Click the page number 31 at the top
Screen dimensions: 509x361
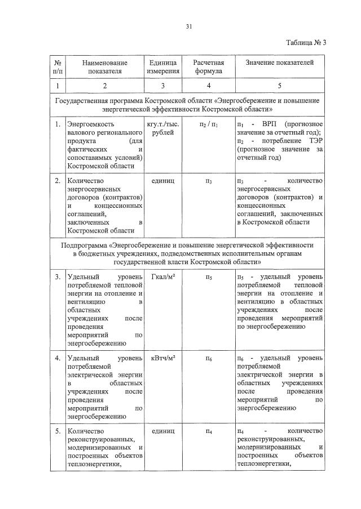[189, 25]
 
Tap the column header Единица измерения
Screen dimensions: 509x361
[163, 66]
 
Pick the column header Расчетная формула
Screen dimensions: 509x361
[209, 66]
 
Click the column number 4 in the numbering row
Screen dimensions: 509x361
[209, 86]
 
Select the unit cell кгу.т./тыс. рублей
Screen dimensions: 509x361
[164, 127]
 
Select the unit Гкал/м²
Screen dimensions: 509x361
[164, 276]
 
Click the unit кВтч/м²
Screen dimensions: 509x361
[164, 358]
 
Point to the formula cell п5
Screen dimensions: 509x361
[209, 276]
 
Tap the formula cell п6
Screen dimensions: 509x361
[209, 358]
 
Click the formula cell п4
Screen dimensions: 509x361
[209, 431]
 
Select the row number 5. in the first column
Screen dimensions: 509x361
[58, 431]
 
